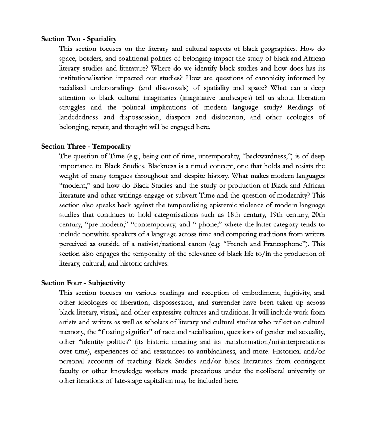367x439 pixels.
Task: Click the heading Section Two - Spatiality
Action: [79, 39]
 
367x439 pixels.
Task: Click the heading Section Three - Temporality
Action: [86, 146]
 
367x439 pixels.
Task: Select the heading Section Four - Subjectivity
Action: [83, 283]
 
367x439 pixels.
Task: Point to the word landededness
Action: [79, 117]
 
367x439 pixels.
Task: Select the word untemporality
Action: [218, 156]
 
